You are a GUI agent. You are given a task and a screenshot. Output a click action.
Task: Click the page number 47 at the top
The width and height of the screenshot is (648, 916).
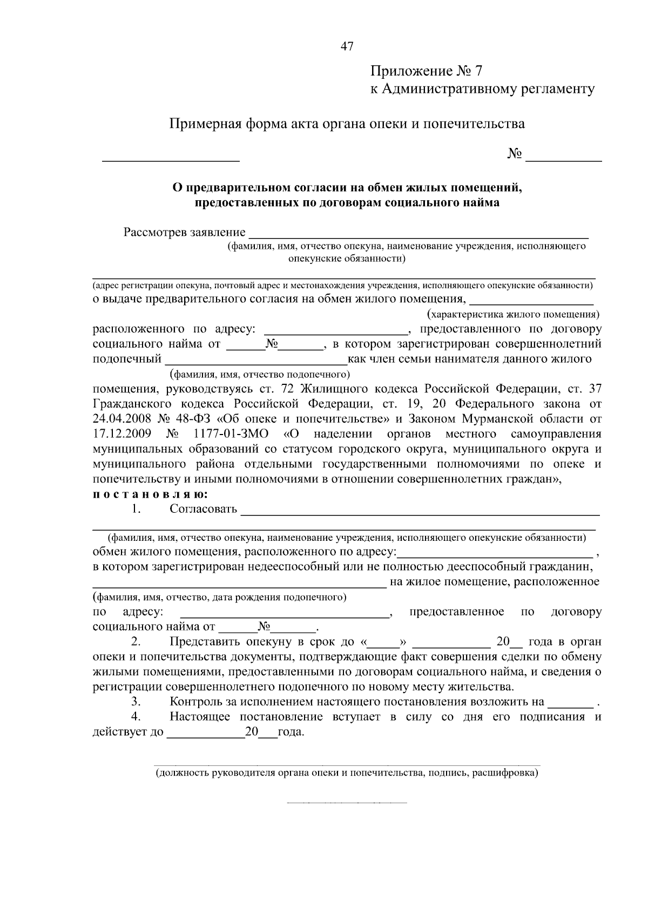[347, 46]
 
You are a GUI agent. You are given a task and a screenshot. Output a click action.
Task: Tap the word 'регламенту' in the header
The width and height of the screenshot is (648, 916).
[558, 89]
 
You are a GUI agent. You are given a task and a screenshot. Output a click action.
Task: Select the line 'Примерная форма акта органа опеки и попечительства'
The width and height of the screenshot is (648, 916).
[347, 124]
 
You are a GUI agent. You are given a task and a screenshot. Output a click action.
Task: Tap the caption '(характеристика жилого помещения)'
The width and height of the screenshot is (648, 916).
[513, 314]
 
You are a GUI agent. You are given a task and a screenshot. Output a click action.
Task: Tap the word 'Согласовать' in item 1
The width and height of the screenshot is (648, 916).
[203, 509]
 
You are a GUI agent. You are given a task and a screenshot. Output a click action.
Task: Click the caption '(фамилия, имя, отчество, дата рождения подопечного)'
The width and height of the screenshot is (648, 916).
[219, 597]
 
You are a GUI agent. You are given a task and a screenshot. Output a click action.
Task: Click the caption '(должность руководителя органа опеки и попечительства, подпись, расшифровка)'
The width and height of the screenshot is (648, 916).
[347, 773]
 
